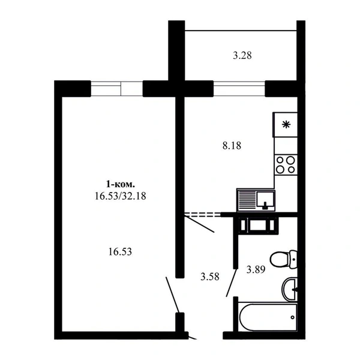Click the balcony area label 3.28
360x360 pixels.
click(242, 56)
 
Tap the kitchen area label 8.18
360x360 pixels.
click(232, 146)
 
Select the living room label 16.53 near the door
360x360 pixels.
click(120, 252)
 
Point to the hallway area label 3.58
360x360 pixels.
click(210, 277)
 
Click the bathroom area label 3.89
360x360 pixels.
click(256, 269)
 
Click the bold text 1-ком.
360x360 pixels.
click(120, 184)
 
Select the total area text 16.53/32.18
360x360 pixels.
click(121, 196)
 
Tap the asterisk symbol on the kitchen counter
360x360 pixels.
click(286, 125)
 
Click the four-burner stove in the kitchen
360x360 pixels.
click(286, 164)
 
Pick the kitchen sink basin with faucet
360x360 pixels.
click(265, 200)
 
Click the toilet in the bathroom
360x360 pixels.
click(284, 259)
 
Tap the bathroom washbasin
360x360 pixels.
click(290, 289)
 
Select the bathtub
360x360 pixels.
click(268, 317)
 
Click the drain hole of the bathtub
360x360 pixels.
click(293, 317)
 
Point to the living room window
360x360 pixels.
click(117, 89)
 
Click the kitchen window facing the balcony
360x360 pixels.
click(239, 89)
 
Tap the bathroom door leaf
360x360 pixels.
click(231, 283)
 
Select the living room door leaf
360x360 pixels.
click(172, 295)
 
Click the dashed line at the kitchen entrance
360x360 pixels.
click(203, 215)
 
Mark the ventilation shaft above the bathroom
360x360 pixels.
click(258, 226)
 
